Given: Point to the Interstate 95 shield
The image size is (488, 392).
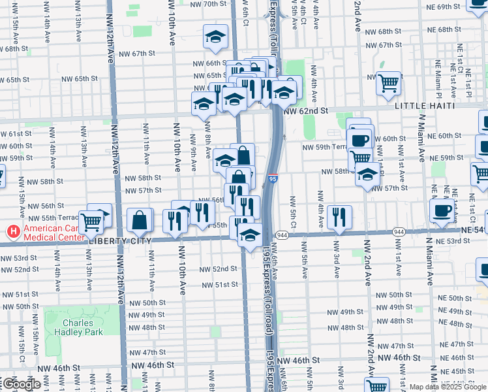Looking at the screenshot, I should click(272, 178).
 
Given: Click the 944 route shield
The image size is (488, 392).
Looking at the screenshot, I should click(282, 235).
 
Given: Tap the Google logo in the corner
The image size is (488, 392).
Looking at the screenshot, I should click(21, 384).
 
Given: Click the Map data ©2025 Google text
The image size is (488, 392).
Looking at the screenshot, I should click(448, 387).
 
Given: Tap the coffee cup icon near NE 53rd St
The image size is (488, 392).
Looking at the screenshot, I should click(442, 210).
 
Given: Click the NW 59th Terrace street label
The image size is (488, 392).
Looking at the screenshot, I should click(326, 148).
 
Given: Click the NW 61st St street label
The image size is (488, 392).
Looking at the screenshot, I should click(16, 134).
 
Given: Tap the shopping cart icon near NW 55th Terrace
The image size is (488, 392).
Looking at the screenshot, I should click(91, 221).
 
